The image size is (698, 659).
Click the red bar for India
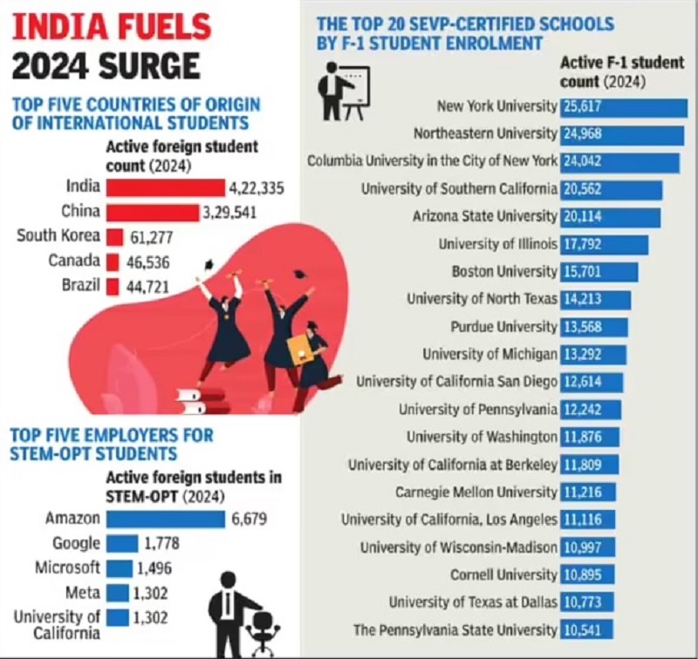164,187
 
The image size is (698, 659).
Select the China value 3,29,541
231,212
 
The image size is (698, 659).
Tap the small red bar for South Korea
114,236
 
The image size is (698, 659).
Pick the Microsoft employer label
67,568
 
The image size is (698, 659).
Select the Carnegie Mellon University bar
587,493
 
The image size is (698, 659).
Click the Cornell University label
503,575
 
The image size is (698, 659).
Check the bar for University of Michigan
592,355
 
